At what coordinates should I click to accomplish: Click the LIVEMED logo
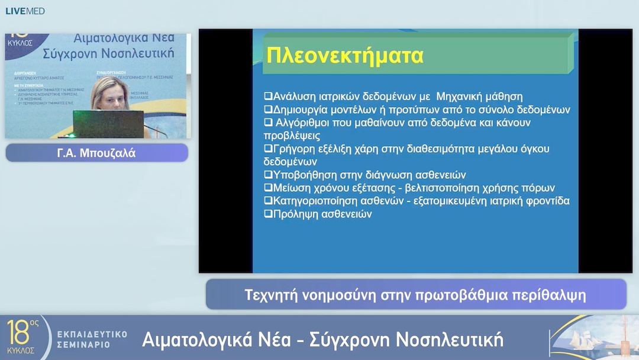pyautogui.click(x=25, y=11)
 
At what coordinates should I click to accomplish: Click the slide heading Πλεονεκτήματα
pyautogui.click(x=345, y=56)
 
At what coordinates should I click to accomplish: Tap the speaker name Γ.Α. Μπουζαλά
pyautogui.click(x=96, y=153)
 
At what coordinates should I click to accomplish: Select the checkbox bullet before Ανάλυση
pyautogui.click(x=267, y=97)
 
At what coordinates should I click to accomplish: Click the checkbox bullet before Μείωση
pyautogui.click(x=267, y=188)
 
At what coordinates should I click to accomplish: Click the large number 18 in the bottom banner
pyautogui.click(x=18, y=333)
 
